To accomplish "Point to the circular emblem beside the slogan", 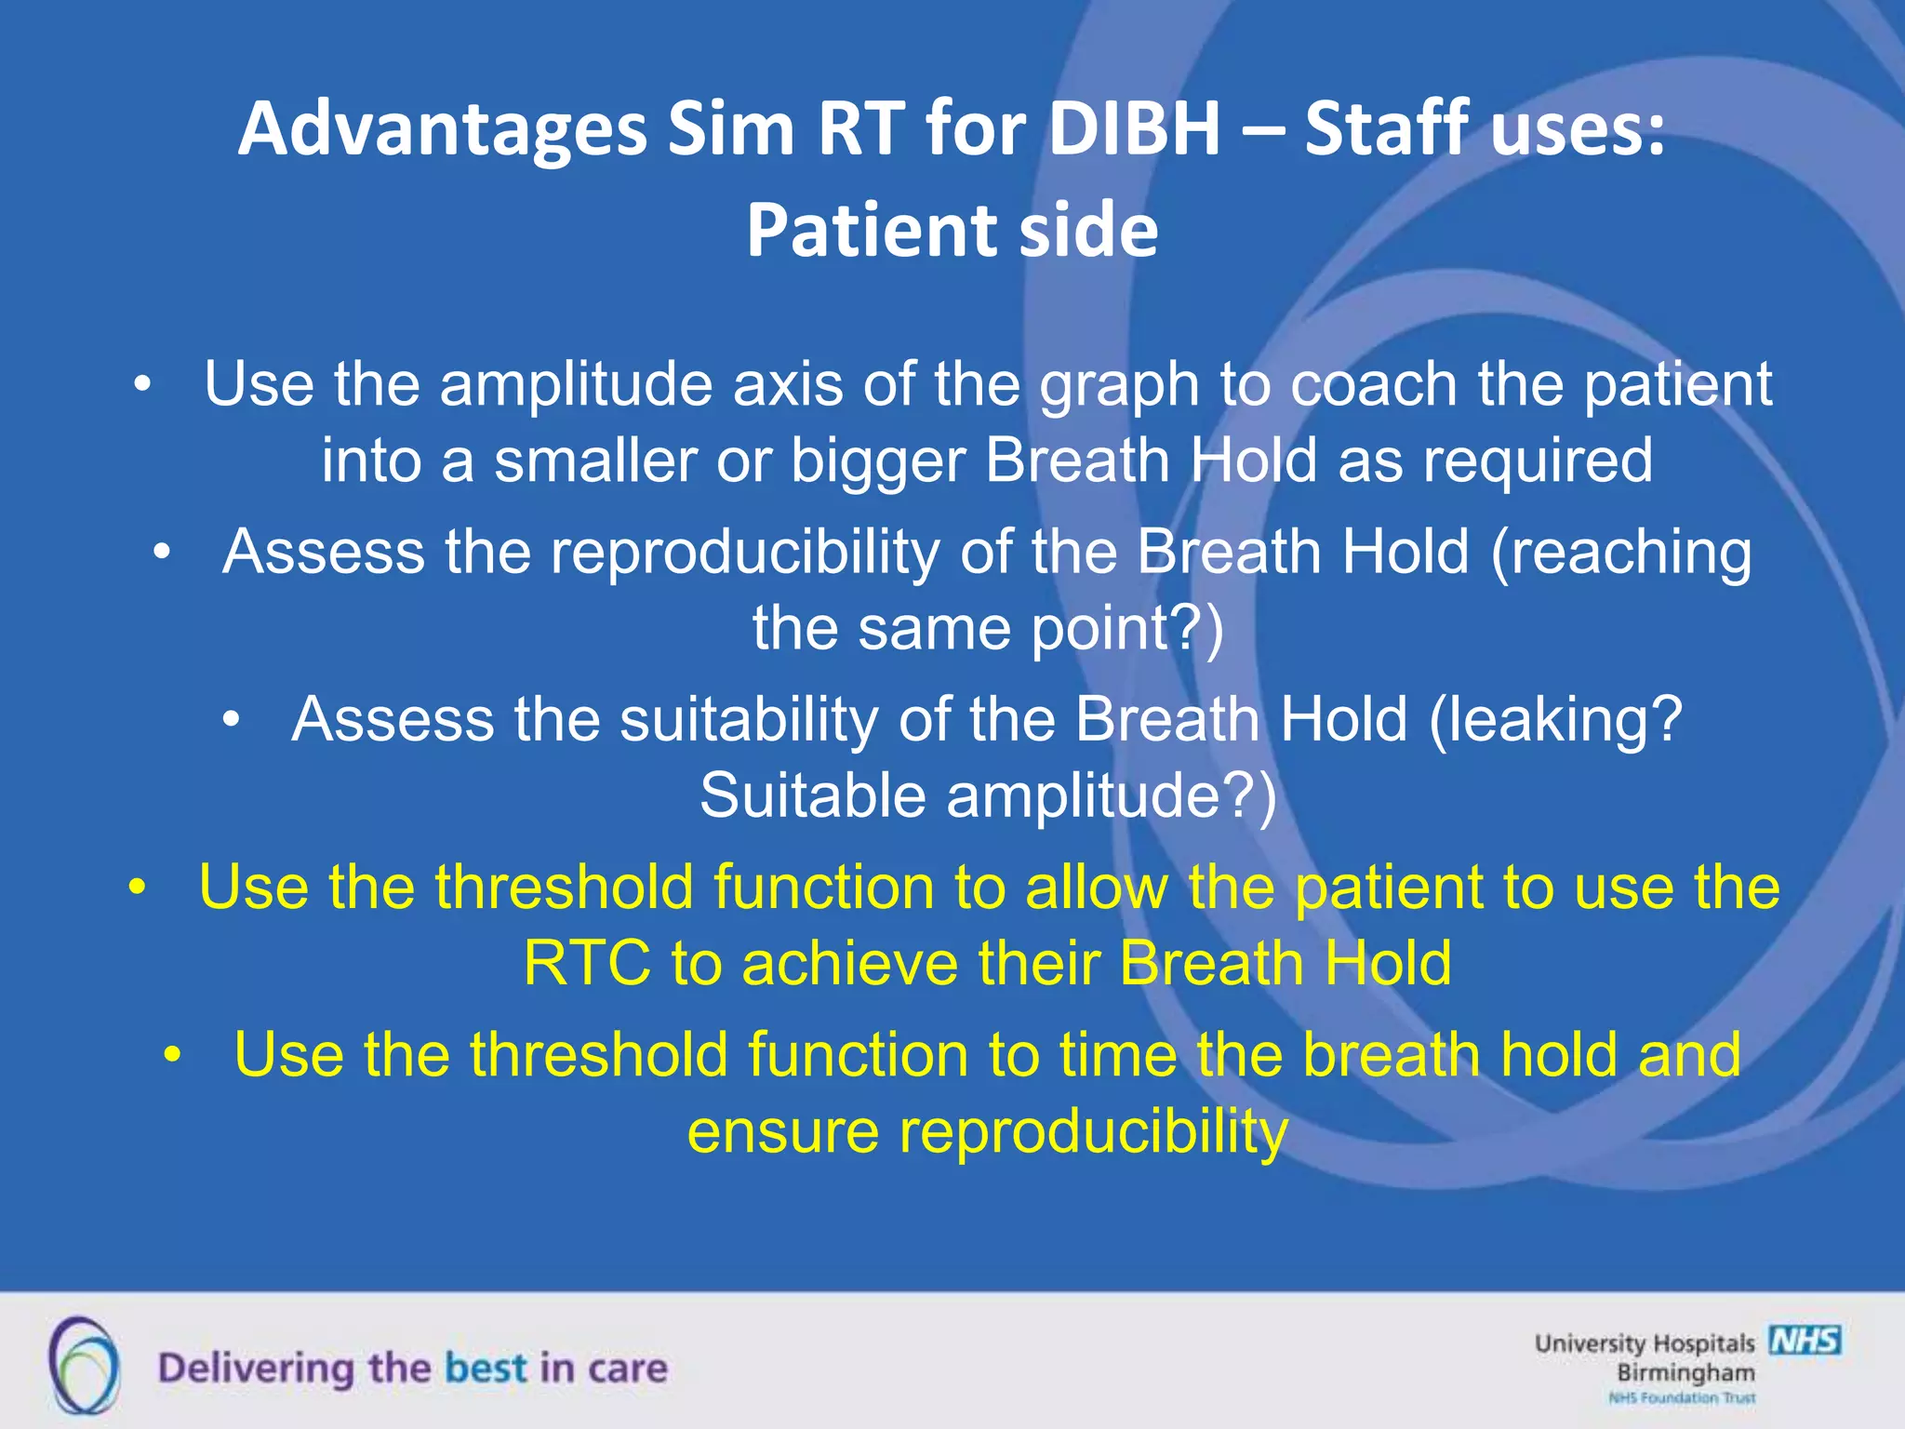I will tap(84, 1366).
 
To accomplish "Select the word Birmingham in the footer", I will tap(1685, 1372).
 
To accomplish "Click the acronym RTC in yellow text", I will tap(586, 963).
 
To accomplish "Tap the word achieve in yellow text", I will tap(848, 963).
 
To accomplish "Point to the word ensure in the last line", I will tap(781, 1131).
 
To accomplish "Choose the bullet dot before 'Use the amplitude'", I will tap(141, 384).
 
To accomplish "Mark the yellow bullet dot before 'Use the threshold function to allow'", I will tap(137, 887).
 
